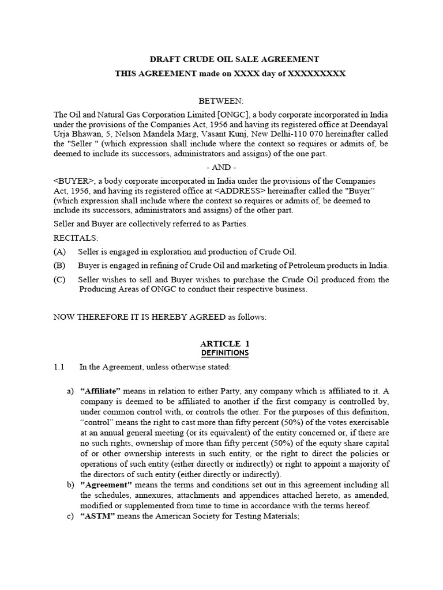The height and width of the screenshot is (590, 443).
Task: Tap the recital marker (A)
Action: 60,252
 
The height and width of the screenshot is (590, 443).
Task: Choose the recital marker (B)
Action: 60,265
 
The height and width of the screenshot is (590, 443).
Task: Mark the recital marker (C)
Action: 60,279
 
